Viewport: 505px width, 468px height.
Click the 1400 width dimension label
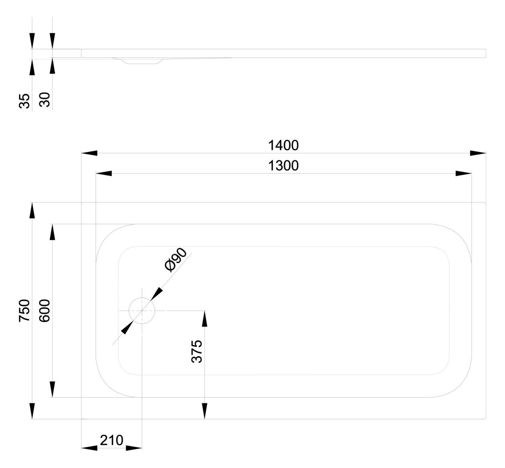point(283,145)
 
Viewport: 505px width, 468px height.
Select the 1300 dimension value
point(283,166)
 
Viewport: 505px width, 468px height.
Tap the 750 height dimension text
point(24,311)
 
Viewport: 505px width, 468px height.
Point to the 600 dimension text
point(45,311)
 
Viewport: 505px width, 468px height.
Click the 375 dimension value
point(197,352)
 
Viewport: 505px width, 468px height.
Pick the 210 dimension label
point(112,440)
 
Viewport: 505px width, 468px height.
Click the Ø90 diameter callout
point(176,260)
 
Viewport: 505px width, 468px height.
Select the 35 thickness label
point(24,101)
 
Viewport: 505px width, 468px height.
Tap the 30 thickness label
point(45,100)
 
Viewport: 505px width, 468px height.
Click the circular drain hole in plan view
point(142,311)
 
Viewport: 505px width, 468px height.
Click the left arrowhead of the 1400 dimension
point(89,153)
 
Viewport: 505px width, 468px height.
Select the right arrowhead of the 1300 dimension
point(464,173)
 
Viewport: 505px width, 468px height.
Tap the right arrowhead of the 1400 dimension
point(478,153)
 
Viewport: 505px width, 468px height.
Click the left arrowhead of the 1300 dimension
point(104,173)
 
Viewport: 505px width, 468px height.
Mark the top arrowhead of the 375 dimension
point(205,319)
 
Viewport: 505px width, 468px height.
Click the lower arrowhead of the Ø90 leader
point(127,328)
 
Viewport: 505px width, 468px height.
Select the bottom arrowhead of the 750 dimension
point(32,411)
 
